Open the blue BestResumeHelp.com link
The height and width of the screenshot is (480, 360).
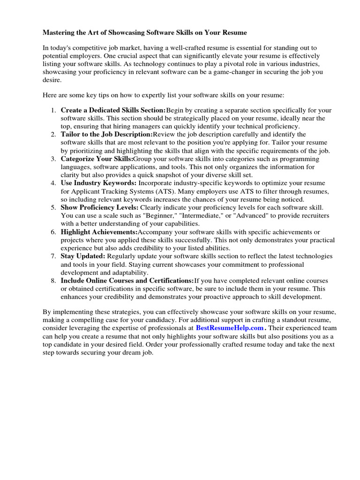[x=230, y=328]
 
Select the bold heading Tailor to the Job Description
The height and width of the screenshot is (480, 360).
[x=107, y=135]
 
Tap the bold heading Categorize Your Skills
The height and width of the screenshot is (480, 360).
[x=97, y=159]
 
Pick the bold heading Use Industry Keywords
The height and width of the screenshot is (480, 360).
[x=98, y=183]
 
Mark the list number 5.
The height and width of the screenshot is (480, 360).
[x=53, y=207]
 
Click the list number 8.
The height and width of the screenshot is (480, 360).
[x=53, y=280]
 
